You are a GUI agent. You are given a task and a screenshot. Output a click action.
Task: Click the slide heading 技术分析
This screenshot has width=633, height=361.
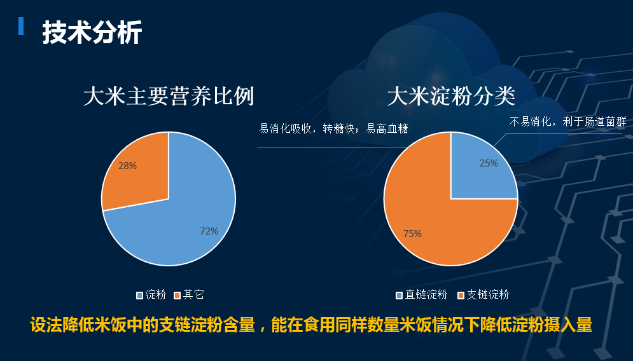[x=92, y=32]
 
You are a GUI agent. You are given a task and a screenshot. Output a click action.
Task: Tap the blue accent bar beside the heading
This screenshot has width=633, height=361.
[x=21, y=26]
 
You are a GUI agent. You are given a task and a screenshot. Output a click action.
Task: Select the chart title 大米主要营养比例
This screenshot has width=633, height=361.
[x=169, y=97]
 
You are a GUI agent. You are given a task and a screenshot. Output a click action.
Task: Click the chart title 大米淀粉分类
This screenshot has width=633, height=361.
[x=451, y=97]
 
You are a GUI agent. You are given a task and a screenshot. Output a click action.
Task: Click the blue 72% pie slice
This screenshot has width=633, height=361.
[x=177, y=226]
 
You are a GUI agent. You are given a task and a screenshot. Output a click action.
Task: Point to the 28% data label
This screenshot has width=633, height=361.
[x=128, y=166]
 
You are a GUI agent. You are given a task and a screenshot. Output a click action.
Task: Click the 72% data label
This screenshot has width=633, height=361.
[x=209, y=231]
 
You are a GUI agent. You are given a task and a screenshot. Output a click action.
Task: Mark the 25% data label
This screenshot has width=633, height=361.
[x=489, y=163]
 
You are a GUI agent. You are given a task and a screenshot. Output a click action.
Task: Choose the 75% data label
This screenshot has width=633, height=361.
[x=412, y=233]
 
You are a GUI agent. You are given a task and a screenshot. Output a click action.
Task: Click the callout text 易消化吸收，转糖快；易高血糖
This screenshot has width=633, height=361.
[x=333, y=128]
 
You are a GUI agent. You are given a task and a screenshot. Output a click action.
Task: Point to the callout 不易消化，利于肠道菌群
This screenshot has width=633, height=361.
[x=567, y=121]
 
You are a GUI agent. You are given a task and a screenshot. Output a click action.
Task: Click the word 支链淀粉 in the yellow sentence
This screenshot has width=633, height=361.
[x=191, y=325]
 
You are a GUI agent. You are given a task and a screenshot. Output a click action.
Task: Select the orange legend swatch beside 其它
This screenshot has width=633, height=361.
[x=177, y=296]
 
